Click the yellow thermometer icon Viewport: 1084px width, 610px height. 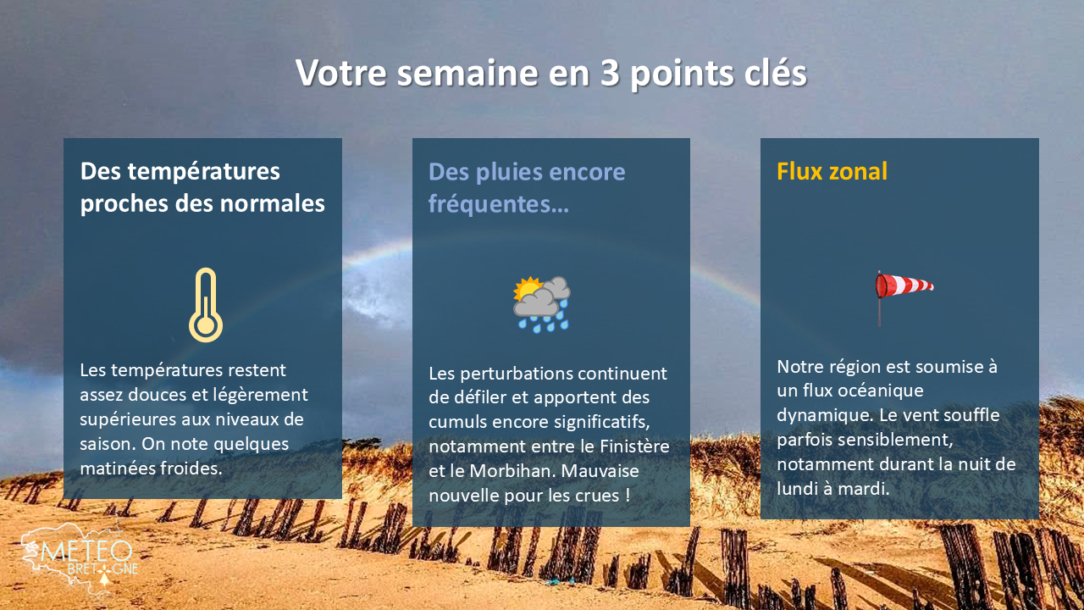coord(206,305)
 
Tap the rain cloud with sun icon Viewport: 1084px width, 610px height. coord(542,303)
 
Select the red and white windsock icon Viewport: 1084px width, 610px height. coord(903,292)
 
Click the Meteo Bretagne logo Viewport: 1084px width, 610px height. coord(78,559)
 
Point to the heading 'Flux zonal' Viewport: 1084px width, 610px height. coord(832,172)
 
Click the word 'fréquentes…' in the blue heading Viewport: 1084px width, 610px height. coord(499,204)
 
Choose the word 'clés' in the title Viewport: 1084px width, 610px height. coord(773,74)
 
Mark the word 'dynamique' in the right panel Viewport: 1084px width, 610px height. coord(817,416)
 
